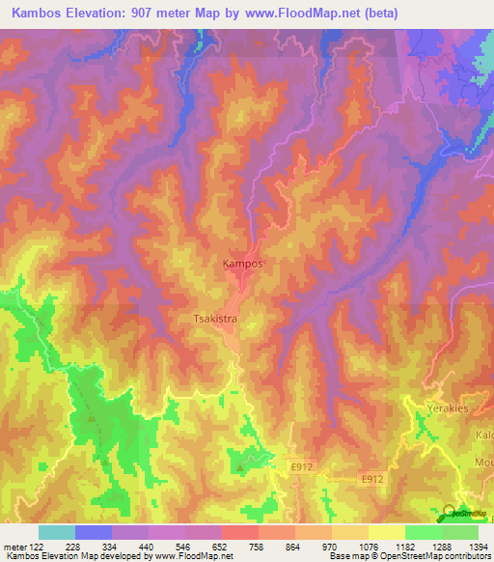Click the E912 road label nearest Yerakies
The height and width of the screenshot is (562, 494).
[x=374, y=478]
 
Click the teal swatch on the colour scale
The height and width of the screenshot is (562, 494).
[x=57, y=532]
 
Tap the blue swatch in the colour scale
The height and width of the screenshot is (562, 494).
[x=93, y=532]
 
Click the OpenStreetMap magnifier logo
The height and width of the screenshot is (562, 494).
[x=451, y=512]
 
